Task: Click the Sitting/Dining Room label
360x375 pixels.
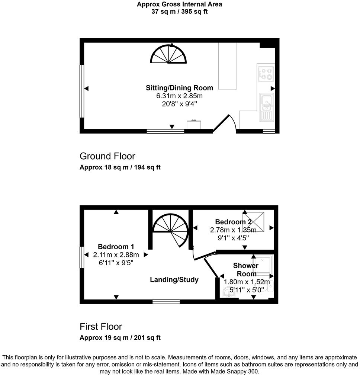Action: (179, 88)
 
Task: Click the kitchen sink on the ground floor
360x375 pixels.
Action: (267, 106)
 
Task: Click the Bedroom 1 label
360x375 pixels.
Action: (116, 247)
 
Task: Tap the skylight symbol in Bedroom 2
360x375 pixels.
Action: (254, 222)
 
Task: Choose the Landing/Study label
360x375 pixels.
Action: (174, 280)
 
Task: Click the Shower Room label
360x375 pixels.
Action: (245, 270)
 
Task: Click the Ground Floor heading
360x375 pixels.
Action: (107, 156)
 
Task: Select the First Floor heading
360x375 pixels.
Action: (101, 327)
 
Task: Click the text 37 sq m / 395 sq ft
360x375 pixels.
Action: (180, 12)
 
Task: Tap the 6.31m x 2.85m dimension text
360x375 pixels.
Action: (179, 96)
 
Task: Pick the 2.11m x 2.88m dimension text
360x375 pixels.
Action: (116, 255)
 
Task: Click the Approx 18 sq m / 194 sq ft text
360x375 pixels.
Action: (120, 167)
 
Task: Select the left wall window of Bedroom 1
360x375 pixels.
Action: (81, 257)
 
